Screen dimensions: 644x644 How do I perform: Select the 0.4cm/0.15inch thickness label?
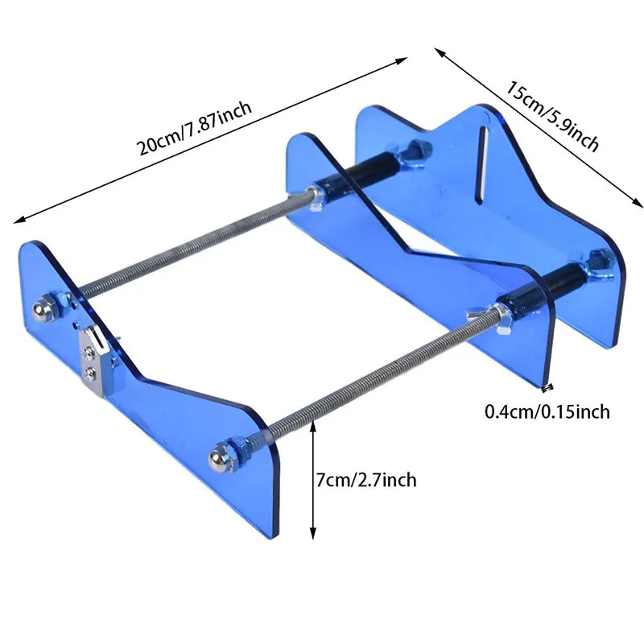click(547, 412)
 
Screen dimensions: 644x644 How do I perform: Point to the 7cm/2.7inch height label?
click(367, 481)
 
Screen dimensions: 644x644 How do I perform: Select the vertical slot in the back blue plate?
click(484, 161)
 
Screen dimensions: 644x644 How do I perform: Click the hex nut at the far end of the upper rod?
click(418, 150)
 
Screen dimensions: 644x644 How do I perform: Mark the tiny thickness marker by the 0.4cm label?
click(547, 387)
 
